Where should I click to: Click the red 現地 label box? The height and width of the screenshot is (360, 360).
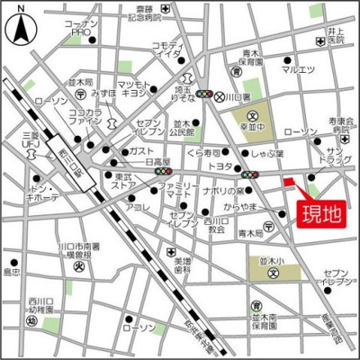click(x=319, y=215)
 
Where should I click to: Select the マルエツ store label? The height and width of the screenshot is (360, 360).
click(x=298, y=68)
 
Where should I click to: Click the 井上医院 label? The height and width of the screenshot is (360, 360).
click(x=337, y=36)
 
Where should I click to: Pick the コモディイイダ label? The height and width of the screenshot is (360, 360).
click(x=167, y=49)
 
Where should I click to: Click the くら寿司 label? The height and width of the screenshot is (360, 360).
click(x=203, y=153)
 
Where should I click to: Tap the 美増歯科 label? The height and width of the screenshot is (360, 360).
click(x=184, y=264)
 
